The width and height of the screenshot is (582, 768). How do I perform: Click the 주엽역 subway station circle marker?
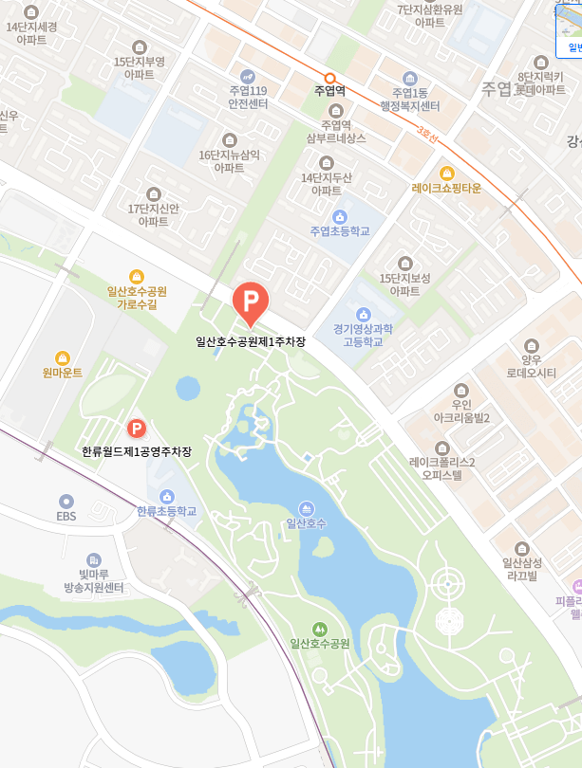point(329,79)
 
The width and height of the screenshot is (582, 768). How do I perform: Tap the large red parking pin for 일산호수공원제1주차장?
point(251,302)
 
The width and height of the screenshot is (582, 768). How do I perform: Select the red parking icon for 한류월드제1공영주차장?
point(136,429)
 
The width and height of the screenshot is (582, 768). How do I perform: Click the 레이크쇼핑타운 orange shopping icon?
point(446,173)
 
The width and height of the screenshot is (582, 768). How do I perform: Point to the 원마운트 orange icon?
point(63,357)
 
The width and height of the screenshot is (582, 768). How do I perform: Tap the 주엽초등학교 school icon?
point(340,216)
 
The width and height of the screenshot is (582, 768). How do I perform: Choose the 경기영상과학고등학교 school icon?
point(362,314)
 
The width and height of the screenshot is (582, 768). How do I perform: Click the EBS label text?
point(66,517)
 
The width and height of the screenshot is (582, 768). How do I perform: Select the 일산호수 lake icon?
point(306,507)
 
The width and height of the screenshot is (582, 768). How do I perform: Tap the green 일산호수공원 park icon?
point(320,628)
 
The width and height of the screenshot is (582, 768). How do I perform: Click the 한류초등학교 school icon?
point(167,496)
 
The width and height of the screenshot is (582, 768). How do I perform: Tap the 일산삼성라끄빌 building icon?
point(520,548)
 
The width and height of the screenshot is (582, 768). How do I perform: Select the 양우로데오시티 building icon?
point(531,345)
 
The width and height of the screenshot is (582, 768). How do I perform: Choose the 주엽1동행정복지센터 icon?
point(410,78)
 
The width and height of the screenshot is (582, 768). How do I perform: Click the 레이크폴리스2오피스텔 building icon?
point(441,448)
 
